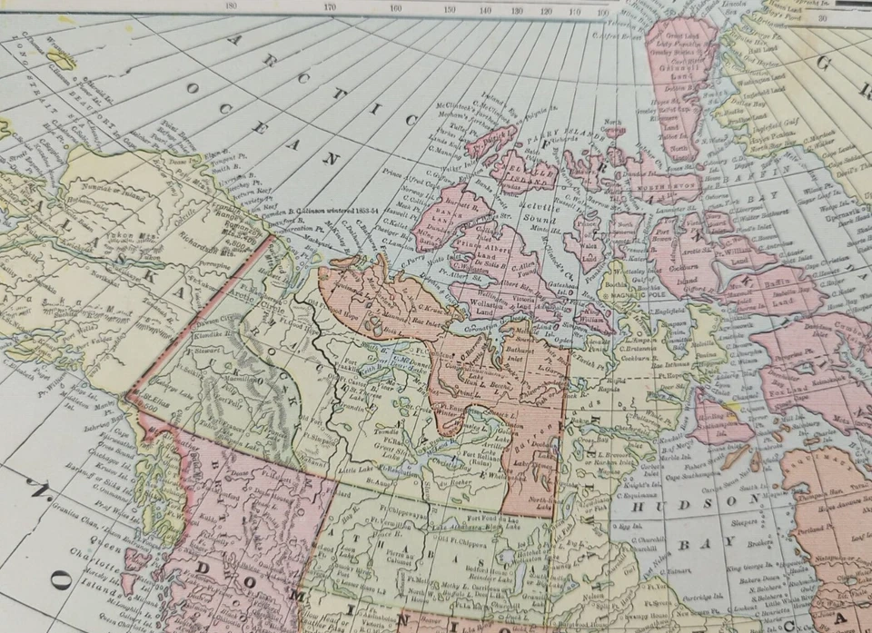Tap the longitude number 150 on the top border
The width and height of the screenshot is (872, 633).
[x=450, y=10]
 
